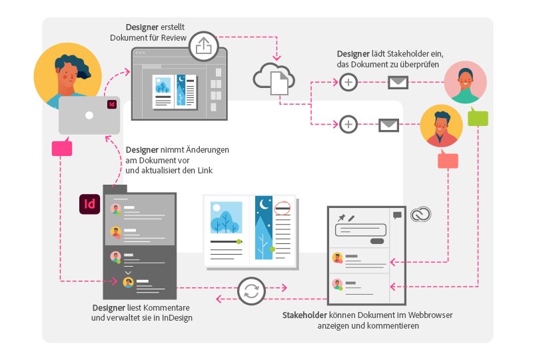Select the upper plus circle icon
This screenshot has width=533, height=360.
coord(348,83)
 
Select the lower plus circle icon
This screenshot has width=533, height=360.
coord(348,124)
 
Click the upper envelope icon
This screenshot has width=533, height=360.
coord(398,83)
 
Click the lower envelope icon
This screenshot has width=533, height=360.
coord(388,125)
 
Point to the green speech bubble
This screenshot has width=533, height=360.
coord(478,117)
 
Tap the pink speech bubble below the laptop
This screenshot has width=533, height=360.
coord(61,147)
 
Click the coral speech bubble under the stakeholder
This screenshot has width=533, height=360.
coord(448,160)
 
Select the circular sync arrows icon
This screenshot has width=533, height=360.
coord(251,291)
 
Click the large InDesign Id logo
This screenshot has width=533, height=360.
coord(89,203)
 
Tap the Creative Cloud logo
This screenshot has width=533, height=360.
coord(421,214)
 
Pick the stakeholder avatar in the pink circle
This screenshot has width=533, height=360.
coord(465,82)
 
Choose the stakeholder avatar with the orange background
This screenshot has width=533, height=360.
coord(441,125)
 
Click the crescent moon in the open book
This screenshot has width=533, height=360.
coord(266,205)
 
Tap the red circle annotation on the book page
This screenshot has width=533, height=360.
coord(284,207)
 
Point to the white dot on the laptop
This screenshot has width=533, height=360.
coord(89,115)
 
